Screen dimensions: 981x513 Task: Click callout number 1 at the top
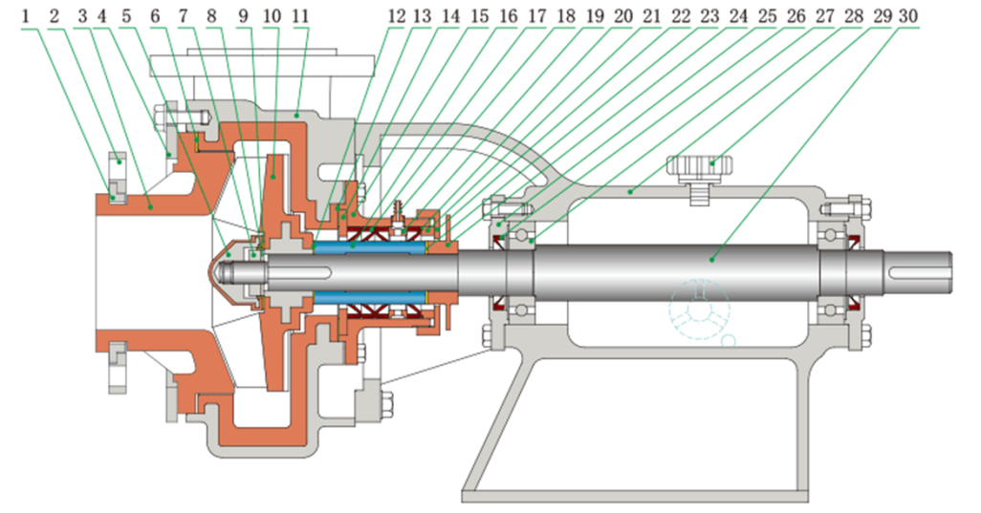click(26, 16)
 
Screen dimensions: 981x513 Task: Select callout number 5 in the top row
click(126, 16)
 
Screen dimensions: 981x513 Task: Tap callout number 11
click(301, 16)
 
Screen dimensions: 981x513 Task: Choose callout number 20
click(623, 16)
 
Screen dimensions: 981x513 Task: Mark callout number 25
click(767, 16)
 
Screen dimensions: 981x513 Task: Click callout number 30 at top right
click(908, 16)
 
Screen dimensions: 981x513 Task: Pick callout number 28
click(854, 16)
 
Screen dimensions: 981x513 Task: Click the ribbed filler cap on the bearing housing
click(700, 167)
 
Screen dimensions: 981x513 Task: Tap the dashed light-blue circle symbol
click(700, 310)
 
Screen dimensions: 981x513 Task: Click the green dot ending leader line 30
click(712, 258)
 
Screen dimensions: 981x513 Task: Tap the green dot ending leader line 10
click(273, 178)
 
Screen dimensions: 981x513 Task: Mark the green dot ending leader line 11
click(296, 115)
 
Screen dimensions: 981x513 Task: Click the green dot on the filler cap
click(712, 163)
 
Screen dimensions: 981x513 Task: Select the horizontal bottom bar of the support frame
click(635, 497)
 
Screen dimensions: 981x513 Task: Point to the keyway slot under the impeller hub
click(299, 272)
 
